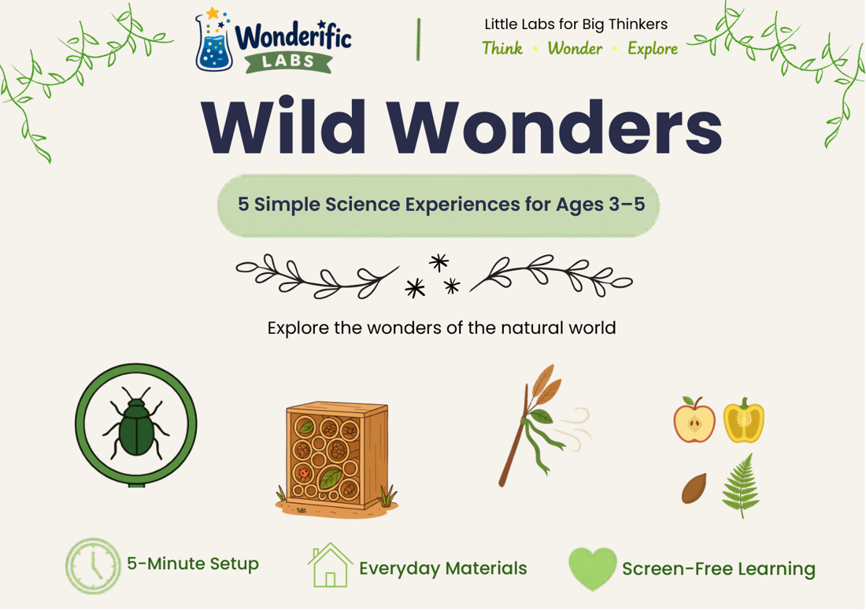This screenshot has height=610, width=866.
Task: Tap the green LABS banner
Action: click(288, 61)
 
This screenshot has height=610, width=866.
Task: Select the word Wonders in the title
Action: click(554, 127)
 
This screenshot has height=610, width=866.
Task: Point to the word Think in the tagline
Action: click(502, 49)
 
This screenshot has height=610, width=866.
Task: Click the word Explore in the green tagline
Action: click(653, 49)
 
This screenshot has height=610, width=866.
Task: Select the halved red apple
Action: click(694, 420)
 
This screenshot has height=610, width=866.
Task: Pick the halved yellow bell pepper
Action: click(744, 420)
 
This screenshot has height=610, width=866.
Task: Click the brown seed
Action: click(694, 488)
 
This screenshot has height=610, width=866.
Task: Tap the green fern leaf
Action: click(741, 486)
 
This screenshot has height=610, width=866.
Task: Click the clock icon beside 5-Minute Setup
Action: click(93, 566)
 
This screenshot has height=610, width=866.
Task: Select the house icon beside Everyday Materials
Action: click(331, 565)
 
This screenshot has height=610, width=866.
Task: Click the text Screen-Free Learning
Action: click(719, 568)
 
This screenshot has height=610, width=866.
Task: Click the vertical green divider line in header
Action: click(419, 39)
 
